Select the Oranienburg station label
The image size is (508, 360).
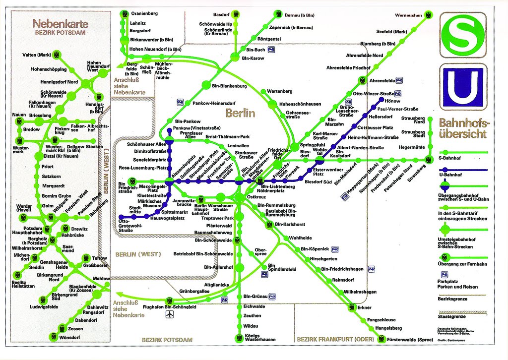point(144,13)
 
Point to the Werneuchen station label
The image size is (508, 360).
point(408,14)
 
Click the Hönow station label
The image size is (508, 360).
point(385,101)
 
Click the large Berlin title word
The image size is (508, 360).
point(240,113)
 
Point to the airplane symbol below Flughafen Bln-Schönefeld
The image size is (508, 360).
point(171,315)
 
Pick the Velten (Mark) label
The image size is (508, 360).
point(37,55)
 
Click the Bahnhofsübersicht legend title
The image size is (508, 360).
point(463,127)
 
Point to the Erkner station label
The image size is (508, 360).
point(364,307)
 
